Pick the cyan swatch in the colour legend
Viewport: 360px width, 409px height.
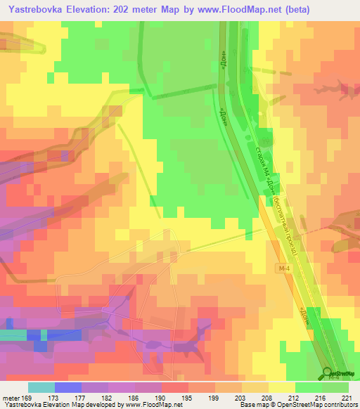click(x=41, y=387)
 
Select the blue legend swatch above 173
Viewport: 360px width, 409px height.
click(x=68, y=387)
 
